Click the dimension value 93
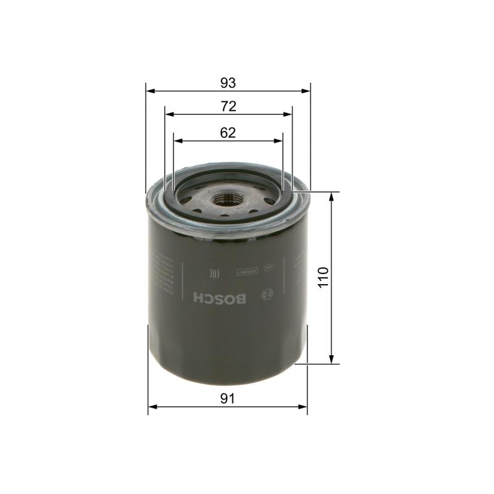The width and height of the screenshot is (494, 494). [228, 82]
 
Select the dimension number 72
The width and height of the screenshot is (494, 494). [228, 106]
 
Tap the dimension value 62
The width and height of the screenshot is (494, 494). [228, 132]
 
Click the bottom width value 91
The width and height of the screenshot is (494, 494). [228, 399]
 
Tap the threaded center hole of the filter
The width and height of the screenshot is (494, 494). [224, 199]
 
